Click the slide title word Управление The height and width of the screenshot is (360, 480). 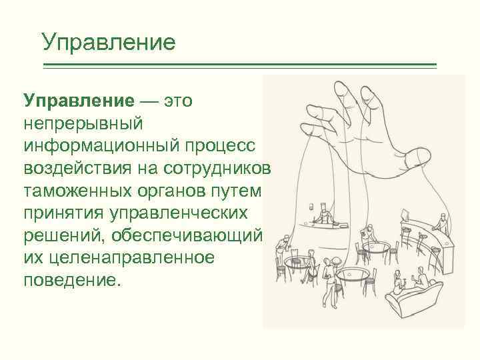(x=108, y=42)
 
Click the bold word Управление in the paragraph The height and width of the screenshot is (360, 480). (x=79, y=101)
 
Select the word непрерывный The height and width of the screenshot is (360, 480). (x=88, y=123)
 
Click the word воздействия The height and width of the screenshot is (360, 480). (x=75, y=167)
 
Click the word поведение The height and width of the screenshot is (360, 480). (x=73, y=278)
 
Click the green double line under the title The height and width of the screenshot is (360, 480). (x=240, y=65)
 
